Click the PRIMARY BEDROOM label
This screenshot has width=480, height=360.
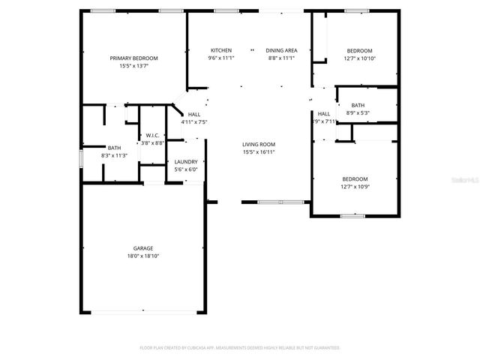click(x=133, y=58)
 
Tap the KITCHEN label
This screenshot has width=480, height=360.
click(x=220, y=49)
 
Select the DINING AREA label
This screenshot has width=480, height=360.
click(x=280, y=49)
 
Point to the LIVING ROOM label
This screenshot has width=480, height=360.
click(x=259, y=144)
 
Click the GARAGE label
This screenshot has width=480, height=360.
click(x=143, y=248)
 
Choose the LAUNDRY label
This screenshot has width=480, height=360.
click(x=186, y=161)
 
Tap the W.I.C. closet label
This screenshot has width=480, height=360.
click(x=151, y=135)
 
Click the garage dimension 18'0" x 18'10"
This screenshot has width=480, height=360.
click(x=143, y=256)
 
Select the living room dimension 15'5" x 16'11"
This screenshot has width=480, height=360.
click(x=259, y=152)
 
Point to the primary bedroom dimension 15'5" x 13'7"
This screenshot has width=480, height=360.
click(x=133, y=66)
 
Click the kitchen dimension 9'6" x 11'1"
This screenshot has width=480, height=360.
click(x=220, y=58)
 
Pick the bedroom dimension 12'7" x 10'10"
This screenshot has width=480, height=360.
click(x=359, y=58)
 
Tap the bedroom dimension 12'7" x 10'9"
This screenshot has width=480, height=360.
click(x=355, y=187)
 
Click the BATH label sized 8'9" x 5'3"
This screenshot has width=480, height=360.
click(x=358, y=105)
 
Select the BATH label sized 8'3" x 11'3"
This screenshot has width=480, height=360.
click(x=114, y=148)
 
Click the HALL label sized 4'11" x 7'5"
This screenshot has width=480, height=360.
click(x=193, y=114)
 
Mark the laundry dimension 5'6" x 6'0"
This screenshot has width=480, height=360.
click(x=186, y=169)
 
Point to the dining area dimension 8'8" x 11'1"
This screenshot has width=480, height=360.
click(x=280, y=58)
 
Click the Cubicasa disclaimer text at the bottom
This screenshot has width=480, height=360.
click(x=240, y=348)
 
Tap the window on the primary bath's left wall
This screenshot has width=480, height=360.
click(x=81, y=160)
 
